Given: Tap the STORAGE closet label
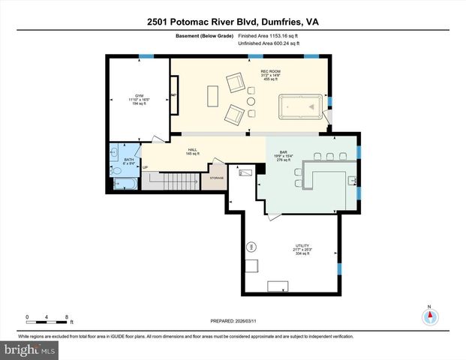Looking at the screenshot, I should pos(216,178).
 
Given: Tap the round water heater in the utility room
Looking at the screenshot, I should pos(252,245).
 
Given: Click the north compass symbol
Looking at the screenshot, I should pos(429,316).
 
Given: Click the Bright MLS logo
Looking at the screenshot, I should pos(29,350).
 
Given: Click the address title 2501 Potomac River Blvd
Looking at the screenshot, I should pos(233,23).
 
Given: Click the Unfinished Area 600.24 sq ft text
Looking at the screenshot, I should pos(269,43).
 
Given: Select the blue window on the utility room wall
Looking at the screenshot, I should pos(339,268).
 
